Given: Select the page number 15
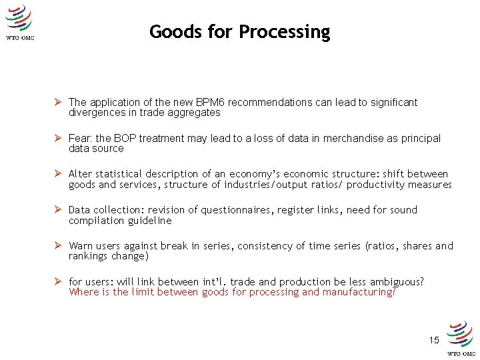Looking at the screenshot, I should (x=434, y=340).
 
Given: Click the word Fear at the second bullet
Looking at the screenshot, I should (x=79, y=139).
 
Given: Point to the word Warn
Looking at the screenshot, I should (x=81, y=246).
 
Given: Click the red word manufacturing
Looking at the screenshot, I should (x=359, y=292).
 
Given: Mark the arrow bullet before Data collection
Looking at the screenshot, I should (x=59, y=210).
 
